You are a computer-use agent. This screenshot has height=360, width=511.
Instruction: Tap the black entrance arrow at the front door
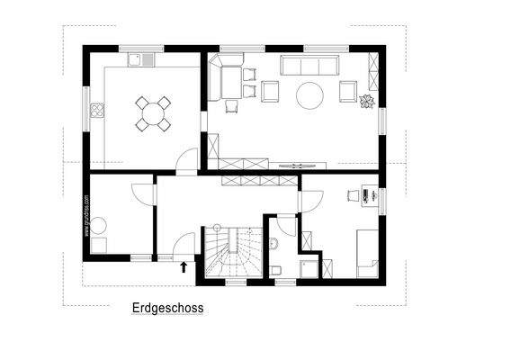(x=184, y=266)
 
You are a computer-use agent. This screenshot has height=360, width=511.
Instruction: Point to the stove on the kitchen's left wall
(x=97, y=112)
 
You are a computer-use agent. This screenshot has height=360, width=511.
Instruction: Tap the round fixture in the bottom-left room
(x=99, y=225)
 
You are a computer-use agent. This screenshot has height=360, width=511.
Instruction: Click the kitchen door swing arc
(x=186, y=160)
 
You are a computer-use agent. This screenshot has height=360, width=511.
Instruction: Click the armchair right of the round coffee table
(x=347, y=90)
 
